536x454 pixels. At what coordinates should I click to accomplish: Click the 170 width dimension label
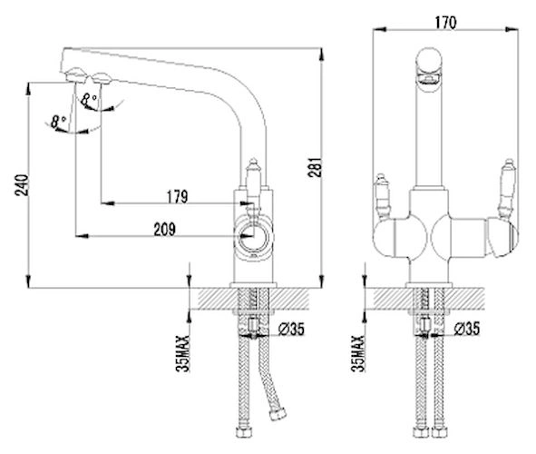(445, 23)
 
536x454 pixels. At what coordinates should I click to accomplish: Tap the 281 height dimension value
(315, 167)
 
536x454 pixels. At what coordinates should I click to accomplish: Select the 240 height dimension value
(22, 185)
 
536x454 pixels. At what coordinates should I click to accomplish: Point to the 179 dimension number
(177, 197)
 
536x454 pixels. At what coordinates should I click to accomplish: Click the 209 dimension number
(164, 229)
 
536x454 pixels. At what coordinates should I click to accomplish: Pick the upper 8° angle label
(89, 100)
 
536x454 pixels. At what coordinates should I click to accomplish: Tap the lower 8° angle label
(58, 122)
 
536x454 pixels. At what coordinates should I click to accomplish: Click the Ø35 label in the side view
(291, 329)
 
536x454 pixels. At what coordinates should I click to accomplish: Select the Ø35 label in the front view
(467, 329)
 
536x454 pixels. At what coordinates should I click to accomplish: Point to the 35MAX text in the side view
(182, 353)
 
